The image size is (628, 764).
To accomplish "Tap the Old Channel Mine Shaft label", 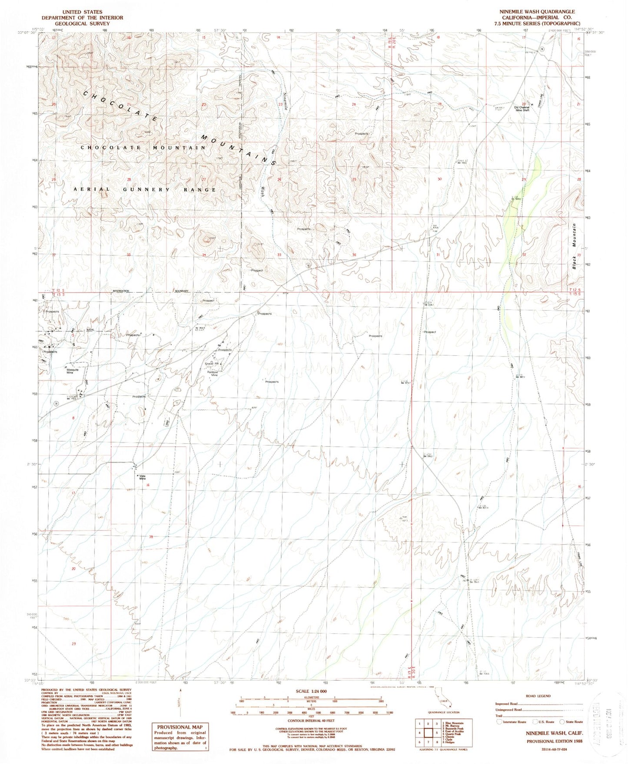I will pyautogui.click(x=522, y=109).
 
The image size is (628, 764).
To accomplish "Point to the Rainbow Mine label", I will pyautogui.click(x=213, y=374).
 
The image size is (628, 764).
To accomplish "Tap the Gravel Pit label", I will pyautogui.click(x=212, y=364).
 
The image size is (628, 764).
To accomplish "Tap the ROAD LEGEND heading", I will pyautogui.click(x=538, y=696).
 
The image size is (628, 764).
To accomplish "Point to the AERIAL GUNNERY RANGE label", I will pyautogui.click(x=145, y=190).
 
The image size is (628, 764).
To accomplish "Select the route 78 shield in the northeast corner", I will pyautogui.click(x=542, y=50).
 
